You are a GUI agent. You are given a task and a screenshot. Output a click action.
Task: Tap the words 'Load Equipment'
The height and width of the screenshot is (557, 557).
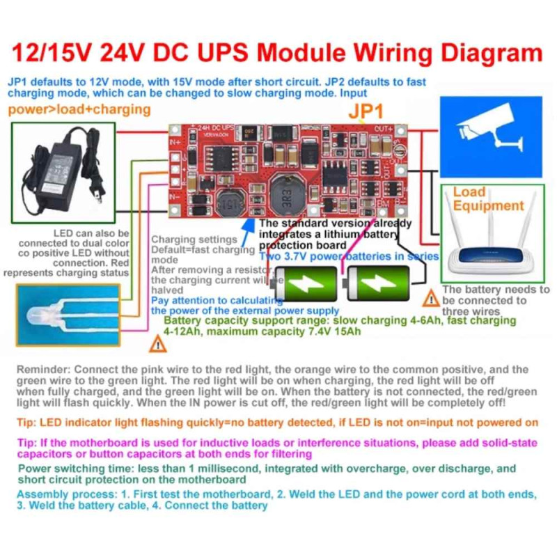(x=487, y=198)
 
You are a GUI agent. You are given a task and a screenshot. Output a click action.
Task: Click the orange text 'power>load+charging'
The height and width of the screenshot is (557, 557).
(x=79, y=109)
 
